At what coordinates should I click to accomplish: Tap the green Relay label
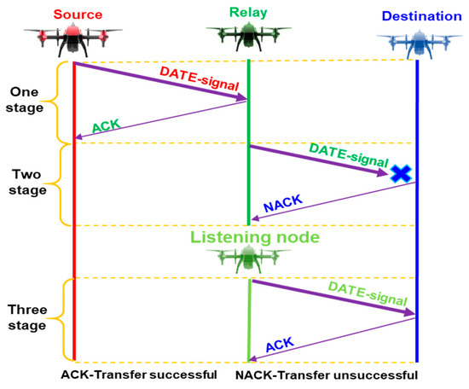click(x=247, y=12)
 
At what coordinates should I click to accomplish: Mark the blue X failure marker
click(x=399, y=174)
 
